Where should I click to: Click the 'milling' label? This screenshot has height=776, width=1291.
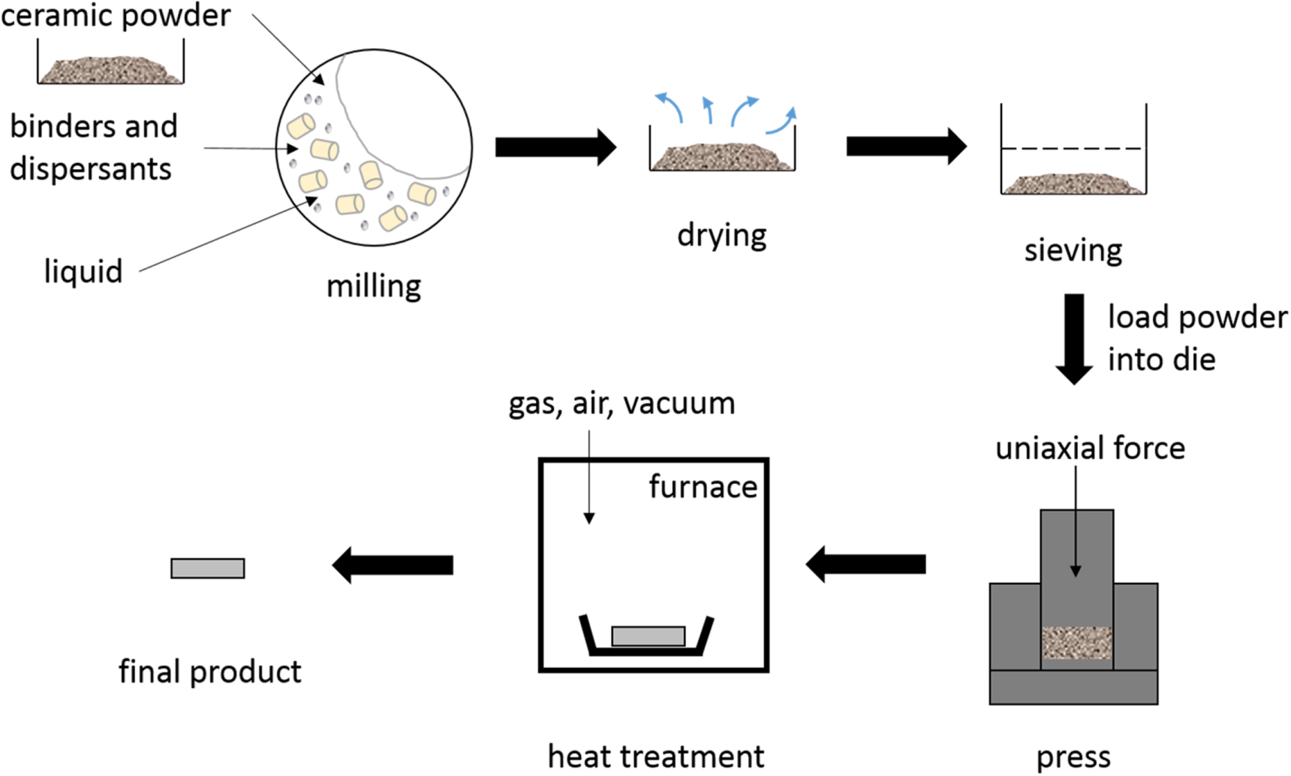coord(373,286)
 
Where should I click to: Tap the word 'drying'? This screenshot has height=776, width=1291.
coord(721,235)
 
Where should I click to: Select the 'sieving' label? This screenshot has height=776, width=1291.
coord(1073,250)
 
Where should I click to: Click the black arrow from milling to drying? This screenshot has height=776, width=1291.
coord(555,147)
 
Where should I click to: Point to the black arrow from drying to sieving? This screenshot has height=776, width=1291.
coord(906,146)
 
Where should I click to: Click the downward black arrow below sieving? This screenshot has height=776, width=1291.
coord(1074,338)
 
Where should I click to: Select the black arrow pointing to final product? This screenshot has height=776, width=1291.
coord(393,565)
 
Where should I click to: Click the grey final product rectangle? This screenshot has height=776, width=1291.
coord(207,568)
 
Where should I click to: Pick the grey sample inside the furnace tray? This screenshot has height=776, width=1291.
coord(648,636)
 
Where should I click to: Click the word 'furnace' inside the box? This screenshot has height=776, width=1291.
coord(703,487)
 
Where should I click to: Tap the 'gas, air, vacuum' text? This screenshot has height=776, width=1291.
coord(621,404)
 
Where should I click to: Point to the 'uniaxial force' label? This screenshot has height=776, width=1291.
coord(1090,448)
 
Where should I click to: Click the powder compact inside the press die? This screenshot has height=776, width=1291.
coord(1076,643)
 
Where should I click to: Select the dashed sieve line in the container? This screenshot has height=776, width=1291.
coord(1073,149)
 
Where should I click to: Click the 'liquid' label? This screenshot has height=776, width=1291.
coord(83,271)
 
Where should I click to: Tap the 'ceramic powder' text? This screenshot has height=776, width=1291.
coord(116,16)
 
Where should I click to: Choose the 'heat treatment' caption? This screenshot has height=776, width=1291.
coord(655,756)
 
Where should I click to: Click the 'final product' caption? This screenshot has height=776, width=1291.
coord(209,672)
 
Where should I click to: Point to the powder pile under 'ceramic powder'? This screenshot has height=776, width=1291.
coord(110,69)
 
